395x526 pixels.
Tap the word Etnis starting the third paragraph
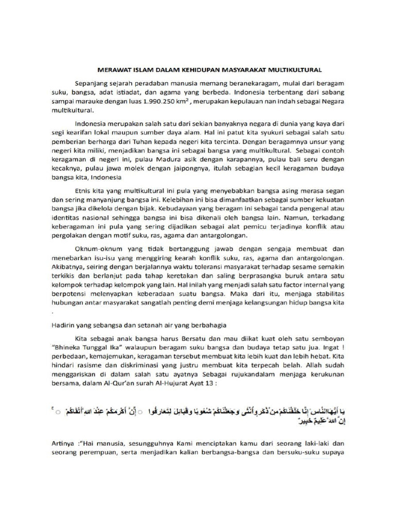point(84,192)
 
